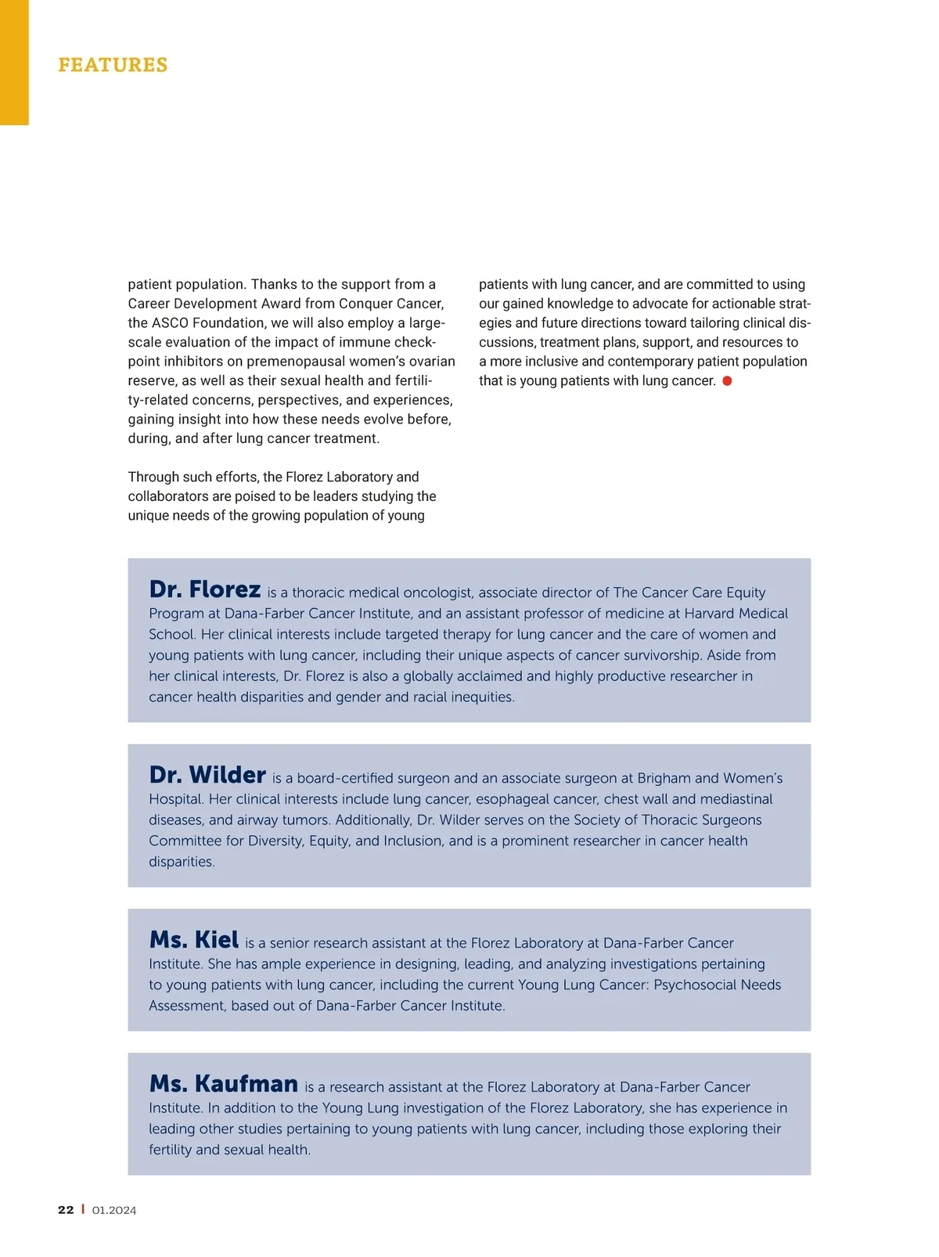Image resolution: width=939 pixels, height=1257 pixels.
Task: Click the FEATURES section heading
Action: point(113,65)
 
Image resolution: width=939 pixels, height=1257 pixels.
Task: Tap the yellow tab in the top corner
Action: point(14,63)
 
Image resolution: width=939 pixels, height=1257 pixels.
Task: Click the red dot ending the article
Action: point(727,380)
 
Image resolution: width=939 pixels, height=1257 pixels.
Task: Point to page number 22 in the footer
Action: point(66,1210)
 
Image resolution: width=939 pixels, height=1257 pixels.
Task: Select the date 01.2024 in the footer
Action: point(114,1210)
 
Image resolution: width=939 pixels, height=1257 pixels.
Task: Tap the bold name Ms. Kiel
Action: point(194,939)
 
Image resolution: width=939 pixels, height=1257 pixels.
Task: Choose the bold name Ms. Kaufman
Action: point(224,1083)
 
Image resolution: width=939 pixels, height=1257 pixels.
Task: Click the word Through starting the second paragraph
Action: point(154,477)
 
